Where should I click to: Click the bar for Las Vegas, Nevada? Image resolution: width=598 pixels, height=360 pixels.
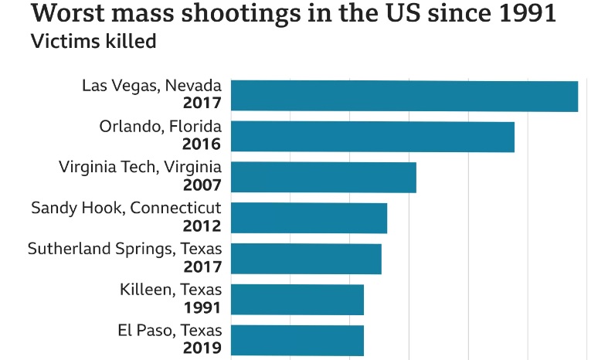tap(404, 96)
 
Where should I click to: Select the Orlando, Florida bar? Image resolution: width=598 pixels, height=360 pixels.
tap(372, 137)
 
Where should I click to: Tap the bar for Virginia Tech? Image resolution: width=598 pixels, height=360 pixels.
tap(324, 177)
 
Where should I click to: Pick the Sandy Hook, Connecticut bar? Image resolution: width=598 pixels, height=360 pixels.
tap(309, 218)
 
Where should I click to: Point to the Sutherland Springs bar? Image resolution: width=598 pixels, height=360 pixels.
tap(306, 259)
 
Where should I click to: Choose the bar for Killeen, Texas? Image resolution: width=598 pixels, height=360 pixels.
tap(297, 300)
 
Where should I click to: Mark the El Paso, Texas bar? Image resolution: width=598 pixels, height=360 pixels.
tap(297, 340)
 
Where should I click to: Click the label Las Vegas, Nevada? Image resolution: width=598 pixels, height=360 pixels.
tap(151, 85)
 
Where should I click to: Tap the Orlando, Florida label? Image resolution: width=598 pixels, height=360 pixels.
tap(160, 126)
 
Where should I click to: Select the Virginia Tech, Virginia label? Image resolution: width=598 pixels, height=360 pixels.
tap(140, 167)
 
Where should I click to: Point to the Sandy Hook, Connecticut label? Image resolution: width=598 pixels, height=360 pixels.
tap(126, 208)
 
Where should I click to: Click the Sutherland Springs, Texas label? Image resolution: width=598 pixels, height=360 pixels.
tap(124, 249)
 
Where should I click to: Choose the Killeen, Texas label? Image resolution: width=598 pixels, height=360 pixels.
tap(171, 290)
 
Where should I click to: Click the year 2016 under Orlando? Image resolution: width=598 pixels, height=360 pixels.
tap(202, 144)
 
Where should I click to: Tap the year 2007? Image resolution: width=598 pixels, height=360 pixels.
tap(202, 185)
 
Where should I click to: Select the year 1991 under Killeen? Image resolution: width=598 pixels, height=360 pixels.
tap(202, 307)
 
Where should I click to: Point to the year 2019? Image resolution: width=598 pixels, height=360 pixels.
tap(202, 348)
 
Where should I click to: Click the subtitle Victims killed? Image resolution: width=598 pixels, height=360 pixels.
tap(93, 41)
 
